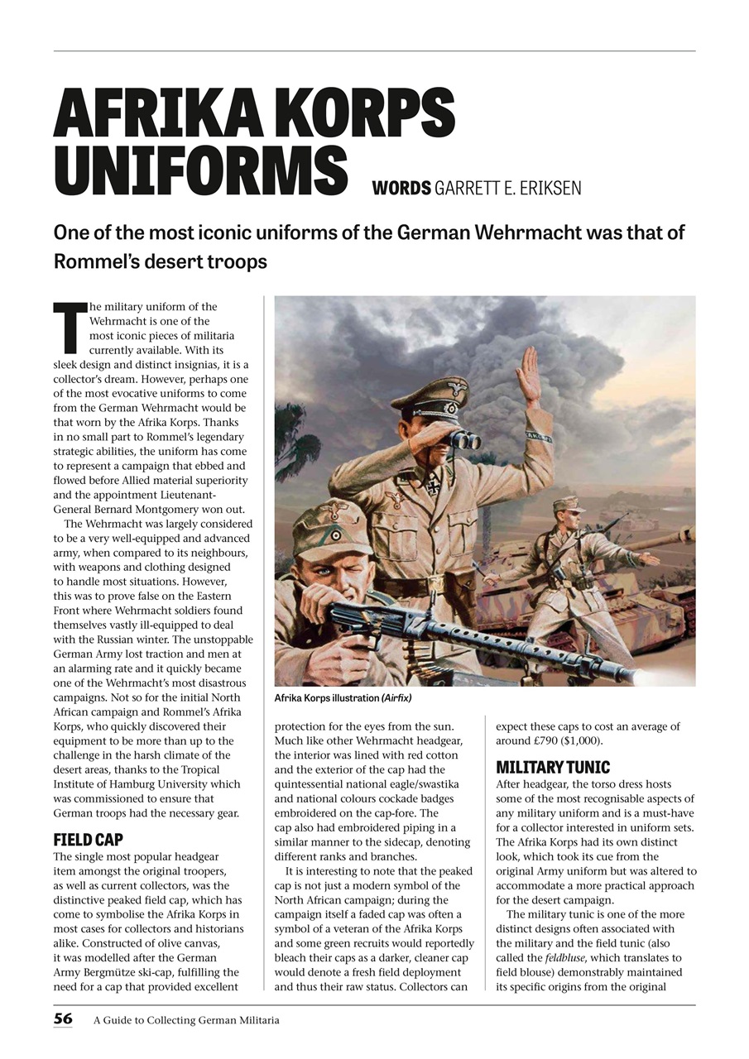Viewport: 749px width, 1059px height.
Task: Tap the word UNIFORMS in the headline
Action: pyautogui.click(x=199, y=171)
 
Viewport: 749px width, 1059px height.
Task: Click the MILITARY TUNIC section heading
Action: pyautogui.click(x=552, y=767)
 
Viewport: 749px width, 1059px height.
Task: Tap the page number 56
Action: pyautogui.click(x=65, y=1019)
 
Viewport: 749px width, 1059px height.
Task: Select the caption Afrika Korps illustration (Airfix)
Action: pyautogui.click(x=343, y=698)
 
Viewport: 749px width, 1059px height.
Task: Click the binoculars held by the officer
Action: pyautogui.click(x=462, y=440)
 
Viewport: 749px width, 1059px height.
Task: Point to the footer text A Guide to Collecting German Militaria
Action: pyautogui.click(x=186, y=1020)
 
